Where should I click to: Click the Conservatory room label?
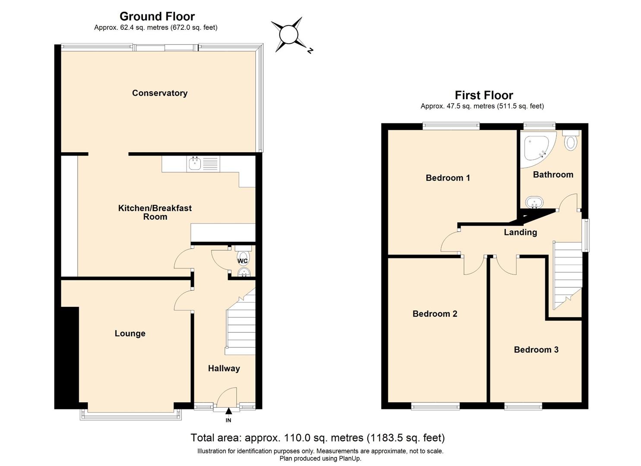pos(160,93)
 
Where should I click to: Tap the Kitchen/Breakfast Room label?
pos(155,212)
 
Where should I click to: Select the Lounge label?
pos(130,334)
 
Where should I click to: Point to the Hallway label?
pos(224,368)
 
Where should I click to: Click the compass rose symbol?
pos(288,35)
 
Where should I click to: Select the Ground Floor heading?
pos(157,16)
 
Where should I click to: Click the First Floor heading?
pos(484,95)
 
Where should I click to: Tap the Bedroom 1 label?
pos(448,178)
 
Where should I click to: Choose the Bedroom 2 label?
pos(435,314)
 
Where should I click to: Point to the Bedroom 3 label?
pos(536,349)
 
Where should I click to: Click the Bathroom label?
pos(553,175)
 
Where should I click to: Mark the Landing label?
pos(521,232)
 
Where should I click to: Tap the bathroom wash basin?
pos(534,202)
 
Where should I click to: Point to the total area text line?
pos(318,438)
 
